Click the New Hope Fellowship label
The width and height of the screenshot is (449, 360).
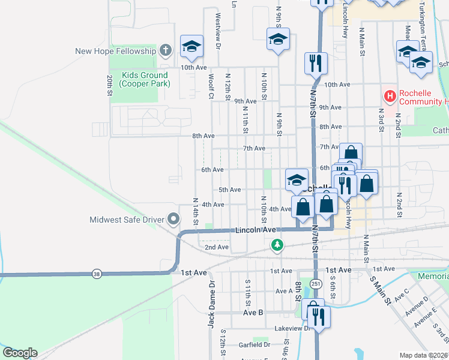pos(115,51)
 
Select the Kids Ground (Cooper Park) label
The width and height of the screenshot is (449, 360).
pos(144,79)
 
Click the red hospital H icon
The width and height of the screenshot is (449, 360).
pos(390,95)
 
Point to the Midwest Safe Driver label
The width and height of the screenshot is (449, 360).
pos(127,220)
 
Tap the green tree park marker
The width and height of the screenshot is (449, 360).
pos(277,244)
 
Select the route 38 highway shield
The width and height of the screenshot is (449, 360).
pos(97,274)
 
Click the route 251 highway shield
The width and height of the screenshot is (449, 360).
pos(316,283)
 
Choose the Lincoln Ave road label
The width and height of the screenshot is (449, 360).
pos(255,230)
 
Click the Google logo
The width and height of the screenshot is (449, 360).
pos(20,353)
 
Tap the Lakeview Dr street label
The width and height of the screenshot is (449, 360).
pos(292,329)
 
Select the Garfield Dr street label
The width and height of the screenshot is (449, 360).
pos(254,345)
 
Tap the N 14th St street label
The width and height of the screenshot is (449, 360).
pos(196,211)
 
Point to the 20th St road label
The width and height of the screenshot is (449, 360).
pos(110,86)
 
